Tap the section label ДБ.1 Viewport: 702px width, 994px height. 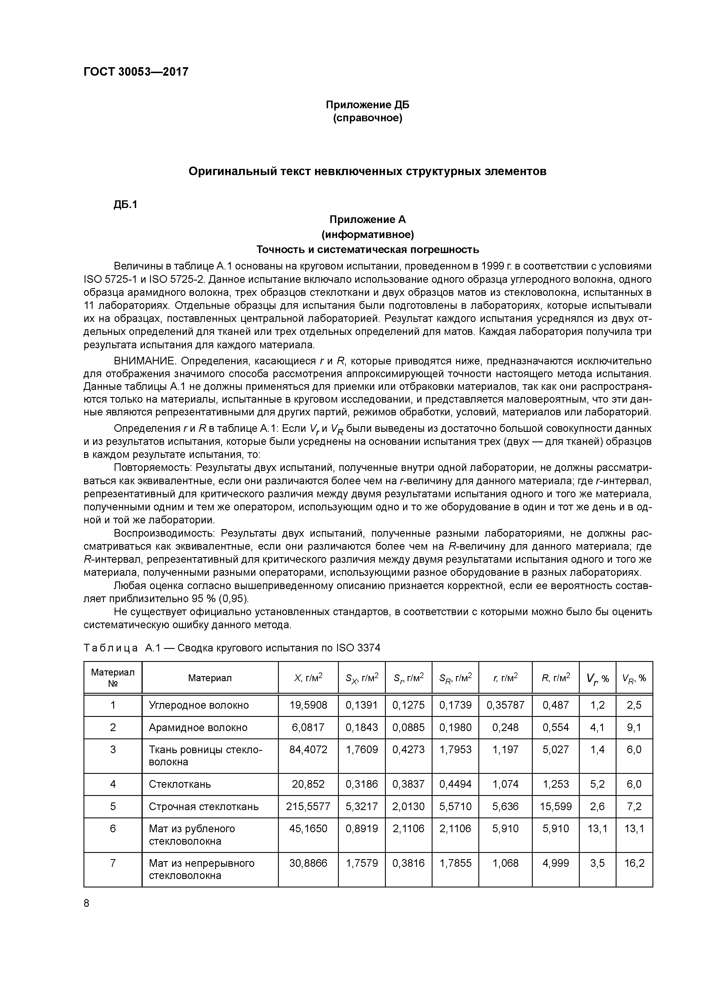[x=125, y=205]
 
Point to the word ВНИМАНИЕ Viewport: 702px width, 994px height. [x=144, y=361]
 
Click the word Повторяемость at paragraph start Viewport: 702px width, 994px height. [x=152, y=468]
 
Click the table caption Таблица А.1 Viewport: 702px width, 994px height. [x=111, y=648]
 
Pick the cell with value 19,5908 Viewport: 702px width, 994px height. [x=308, y=705]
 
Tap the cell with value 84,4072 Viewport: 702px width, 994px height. [x=308, y=750]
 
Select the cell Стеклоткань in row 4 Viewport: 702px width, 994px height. [x=179, y=784]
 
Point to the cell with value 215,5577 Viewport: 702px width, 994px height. [x=308, y=806]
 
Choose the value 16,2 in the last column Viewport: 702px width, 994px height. [x=634, y=863]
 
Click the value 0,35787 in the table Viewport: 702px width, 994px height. [x=505, y=705]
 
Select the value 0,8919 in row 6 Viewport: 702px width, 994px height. [x=361, y=829]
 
